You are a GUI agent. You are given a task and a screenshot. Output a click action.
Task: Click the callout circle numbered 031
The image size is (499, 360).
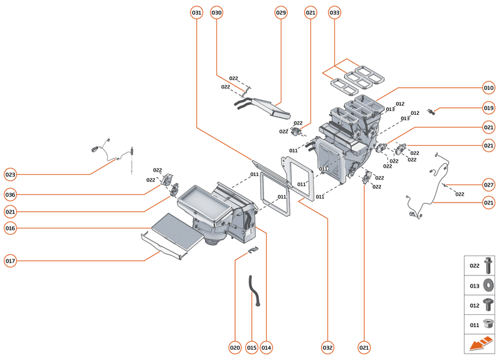pos(197,12)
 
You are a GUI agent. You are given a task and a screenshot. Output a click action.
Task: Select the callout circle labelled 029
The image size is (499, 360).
pos(281,12)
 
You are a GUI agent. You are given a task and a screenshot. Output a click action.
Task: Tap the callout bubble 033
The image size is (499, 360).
pos(334,12)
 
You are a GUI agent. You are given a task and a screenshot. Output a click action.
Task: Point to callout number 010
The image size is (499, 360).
pos(488,88)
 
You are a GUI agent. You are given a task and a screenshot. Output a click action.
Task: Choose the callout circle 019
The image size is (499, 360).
pos(488,108)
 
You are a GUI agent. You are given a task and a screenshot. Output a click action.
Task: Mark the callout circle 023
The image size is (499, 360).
pos(10,174)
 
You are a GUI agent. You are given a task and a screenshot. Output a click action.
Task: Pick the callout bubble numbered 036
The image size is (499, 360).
pos(10,195)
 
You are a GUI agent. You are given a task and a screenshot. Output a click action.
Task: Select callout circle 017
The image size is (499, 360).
pos(10,261)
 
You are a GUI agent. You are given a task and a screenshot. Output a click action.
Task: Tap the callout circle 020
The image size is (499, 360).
pos(235,348)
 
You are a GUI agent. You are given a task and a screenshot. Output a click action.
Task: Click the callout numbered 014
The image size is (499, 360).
pos(266,348)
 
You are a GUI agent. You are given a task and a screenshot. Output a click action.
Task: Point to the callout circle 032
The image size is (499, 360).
pos(328,348)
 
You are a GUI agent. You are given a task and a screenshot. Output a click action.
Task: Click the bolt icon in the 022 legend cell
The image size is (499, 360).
pos(489,265)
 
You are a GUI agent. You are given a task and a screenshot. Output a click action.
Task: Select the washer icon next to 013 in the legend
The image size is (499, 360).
pos(489,285)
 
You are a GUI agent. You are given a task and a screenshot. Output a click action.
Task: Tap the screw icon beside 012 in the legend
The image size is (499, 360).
pos(489,304)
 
